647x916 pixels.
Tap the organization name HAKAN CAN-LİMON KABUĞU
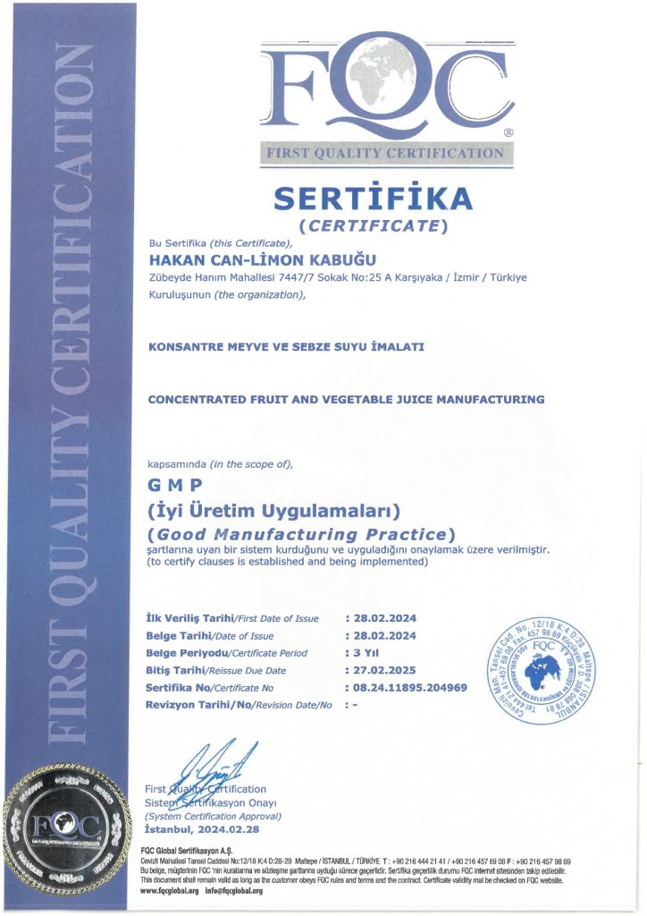click(x=249, y=259)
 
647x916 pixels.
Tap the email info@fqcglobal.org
click(x=237, y=891)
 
